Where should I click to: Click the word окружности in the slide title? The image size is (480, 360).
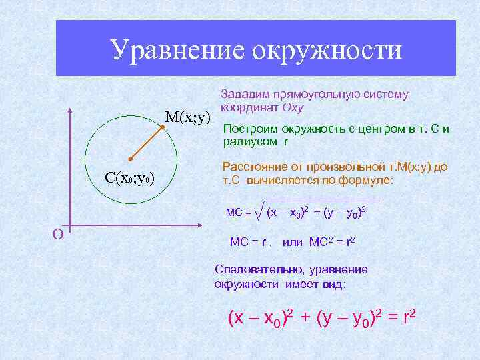point(327,50)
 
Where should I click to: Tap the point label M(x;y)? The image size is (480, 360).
point(187,117)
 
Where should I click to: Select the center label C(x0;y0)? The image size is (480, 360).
point(130,178)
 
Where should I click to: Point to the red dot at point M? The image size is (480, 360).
point(162,126)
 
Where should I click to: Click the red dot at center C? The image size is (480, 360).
point(131,159)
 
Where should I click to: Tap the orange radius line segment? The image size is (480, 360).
point(147,143)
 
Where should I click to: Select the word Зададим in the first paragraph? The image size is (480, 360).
point(245,95)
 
